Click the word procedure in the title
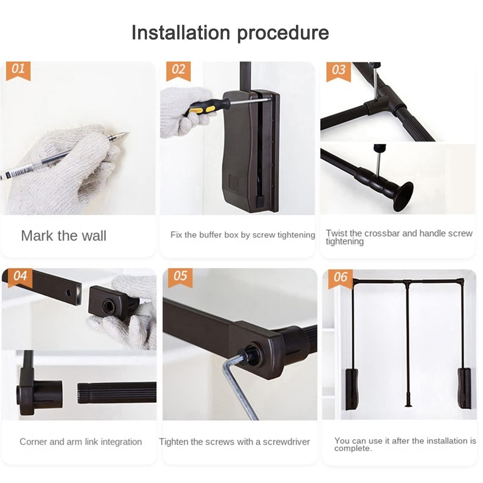pos(283,33)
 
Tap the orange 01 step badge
pos(18,70)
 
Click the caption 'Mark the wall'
pos(64,236)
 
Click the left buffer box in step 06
pos(351,389)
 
